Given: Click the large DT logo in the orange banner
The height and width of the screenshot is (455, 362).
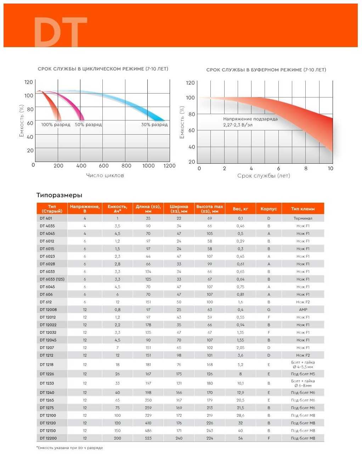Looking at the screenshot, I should [x=60, y=32].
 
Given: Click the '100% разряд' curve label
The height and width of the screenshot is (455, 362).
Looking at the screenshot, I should [x=56, y=125].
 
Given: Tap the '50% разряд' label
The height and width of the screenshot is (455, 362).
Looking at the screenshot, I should [x=88, y=125].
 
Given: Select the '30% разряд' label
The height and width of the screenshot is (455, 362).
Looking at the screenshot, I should [x=154, y=125].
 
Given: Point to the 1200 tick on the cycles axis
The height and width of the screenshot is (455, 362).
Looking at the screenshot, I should [x=170, y=166].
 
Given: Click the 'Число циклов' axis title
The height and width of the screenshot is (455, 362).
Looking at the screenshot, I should [x=105, y=175].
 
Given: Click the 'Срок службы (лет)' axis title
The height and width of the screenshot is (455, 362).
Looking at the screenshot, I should [x=264, y=176].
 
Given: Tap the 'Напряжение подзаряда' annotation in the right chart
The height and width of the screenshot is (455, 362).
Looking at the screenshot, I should [x=250, y=119].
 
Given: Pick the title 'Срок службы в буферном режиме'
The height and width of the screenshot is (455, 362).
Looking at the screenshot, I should [x=266, y=70].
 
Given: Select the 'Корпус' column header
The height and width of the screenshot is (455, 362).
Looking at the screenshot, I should [x=268, y=209].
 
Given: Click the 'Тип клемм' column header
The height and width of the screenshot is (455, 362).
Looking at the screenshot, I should [x=303, y=209].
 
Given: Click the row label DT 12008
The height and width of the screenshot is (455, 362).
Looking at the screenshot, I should [x=48, y=310].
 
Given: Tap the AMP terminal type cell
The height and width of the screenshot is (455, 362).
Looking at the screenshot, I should [x=303, y=310].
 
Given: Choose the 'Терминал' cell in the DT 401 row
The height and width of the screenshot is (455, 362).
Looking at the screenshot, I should [x=303, y=219].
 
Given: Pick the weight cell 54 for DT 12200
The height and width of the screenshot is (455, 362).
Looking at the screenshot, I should [x=241, y=438].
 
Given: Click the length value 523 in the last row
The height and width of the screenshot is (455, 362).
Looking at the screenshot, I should [x=148, y=438].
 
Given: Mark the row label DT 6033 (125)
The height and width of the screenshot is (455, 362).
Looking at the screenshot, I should [x=52, y=279].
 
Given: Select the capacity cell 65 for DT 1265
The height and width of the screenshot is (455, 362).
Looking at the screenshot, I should [x=117, y=400].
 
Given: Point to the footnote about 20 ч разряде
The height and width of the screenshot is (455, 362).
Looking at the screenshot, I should [x=70, y=448].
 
